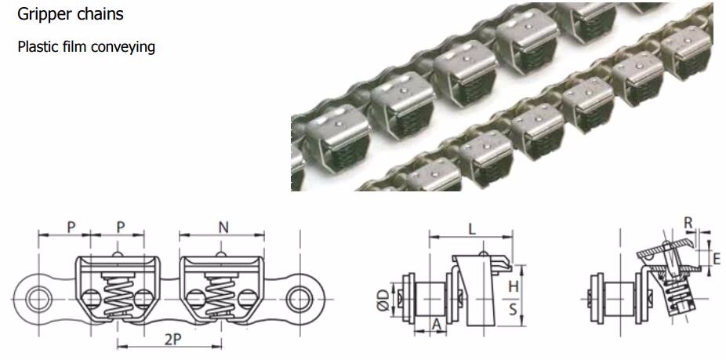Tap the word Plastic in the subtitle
pyautogui.click(x=38, y=47)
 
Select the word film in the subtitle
pyautogui.click(x=75, y=47)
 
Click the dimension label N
pyautogui.click(x=222, y=227)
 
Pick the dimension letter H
pyautogui.click(x=514, y=286)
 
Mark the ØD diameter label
pyautogui.click(x=380, y=299)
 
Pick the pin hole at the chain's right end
pyautogui.click(x=299, y=299)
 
